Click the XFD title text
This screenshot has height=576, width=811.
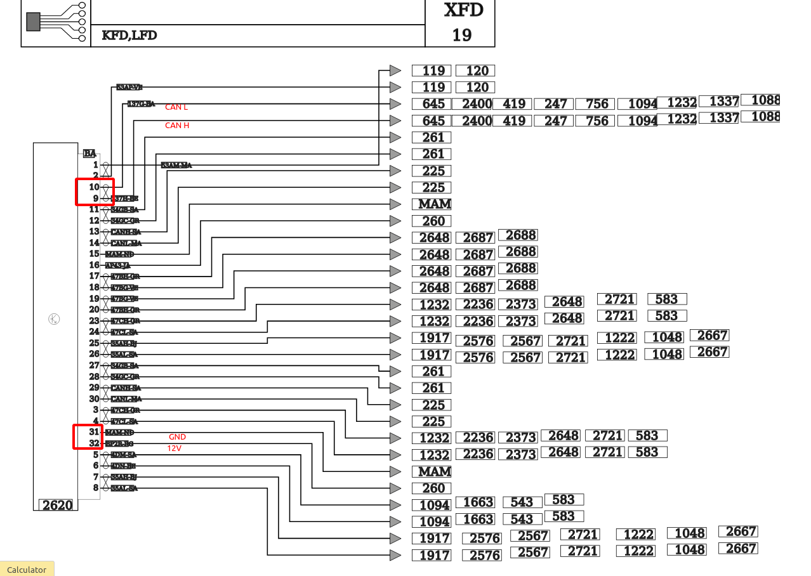tap(463, 10)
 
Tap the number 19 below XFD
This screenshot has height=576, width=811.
tap(462, 35)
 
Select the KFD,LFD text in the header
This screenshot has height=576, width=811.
tap(129, 36)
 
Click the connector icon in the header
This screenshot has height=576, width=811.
tap(56, 21)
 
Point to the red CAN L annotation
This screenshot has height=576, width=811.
tap(176, 107)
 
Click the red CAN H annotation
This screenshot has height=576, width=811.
tap(177, 126)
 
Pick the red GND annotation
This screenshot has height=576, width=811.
tap(177, 437)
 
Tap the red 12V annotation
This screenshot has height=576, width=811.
tap(175, 448)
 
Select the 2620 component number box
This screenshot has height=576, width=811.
tap(57, 505)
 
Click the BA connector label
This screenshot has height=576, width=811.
tap(90, 153)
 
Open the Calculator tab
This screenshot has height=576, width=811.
tap(27, 570)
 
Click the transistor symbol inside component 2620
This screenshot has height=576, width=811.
tap(55, 319)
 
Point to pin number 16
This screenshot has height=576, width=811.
tap(94, 265)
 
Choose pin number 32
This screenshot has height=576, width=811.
tap(94, 443)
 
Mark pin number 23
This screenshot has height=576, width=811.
tap(94, 321)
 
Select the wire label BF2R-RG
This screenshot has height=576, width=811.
tap(119, 443)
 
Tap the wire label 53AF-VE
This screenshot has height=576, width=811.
tap(129, 87)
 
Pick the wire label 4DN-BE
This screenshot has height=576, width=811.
tap(123, 466)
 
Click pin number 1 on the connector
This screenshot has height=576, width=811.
tap(95, 165)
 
